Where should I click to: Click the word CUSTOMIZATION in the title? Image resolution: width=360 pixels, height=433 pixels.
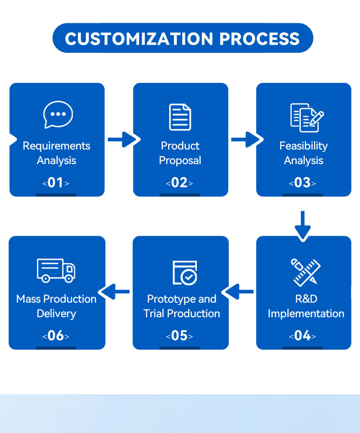coord(139,38)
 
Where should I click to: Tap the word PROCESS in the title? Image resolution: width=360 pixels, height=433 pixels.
coord(259,38)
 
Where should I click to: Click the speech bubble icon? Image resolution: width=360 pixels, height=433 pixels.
coord(58,114)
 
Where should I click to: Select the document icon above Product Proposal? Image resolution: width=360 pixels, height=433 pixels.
coord(180,117)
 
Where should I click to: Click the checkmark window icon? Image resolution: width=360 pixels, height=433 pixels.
coord(185,273)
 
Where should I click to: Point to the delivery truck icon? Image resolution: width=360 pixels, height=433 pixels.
coord(56,270)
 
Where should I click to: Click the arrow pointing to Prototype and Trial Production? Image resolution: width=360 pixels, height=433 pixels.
coord(240,292)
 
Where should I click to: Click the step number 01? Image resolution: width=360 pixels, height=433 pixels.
coord(56,183)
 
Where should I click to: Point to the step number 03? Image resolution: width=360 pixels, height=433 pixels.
coord(302,183)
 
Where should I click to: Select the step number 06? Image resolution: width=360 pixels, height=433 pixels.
coord(56,336)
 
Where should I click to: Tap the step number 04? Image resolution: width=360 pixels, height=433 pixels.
coord(302,336)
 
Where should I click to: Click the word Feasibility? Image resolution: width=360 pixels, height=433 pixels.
coord(303,146)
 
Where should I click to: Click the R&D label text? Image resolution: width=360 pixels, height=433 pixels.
coord(306,299)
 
